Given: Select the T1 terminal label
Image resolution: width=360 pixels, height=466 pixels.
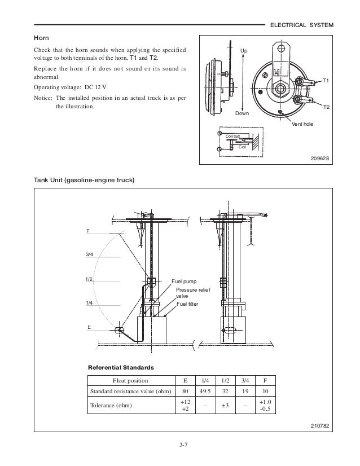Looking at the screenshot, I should [x=326, y=81].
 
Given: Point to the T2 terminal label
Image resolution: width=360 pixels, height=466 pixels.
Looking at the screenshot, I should [x=326, y=106].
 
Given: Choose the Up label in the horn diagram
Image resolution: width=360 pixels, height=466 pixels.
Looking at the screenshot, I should [x=244, y=51].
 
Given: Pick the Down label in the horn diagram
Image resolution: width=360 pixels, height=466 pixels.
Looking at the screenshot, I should [x=242, y=113].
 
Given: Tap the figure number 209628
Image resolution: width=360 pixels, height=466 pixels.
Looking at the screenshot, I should [x=321, y=158].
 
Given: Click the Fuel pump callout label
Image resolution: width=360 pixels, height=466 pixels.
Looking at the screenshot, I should [x=183, y=281].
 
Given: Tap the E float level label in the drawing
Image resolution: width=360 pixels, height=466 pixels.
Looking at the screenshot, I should [x=89, y=327].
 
